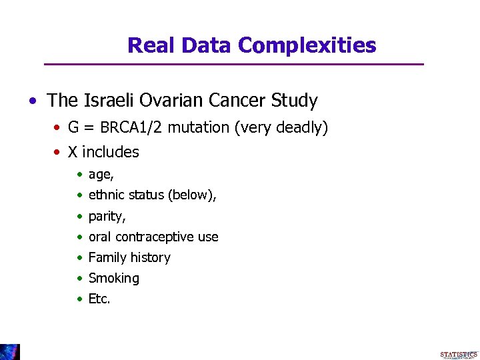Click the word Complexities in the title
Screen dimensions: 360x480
[x=307, y=45]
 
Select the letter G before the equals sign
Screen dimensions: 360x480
[x=73, y=127]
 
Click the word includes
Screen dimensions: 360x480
[x=111, y=152]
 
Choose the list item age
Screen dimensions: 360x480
[x=101, y=175]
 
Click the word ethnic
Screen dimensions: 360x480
[x=107, y=195]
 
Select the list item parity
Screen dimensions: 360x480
[x=107, y=217]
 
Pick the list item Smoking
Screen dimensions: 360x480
[x=114, y=278]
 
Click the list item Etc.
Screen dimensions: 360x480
[x=99, y=299]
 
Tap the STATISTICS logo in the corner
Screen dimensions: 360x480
[x=459, y=355]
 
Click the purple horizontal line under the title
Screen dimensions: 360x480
[x=233, y=64]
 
